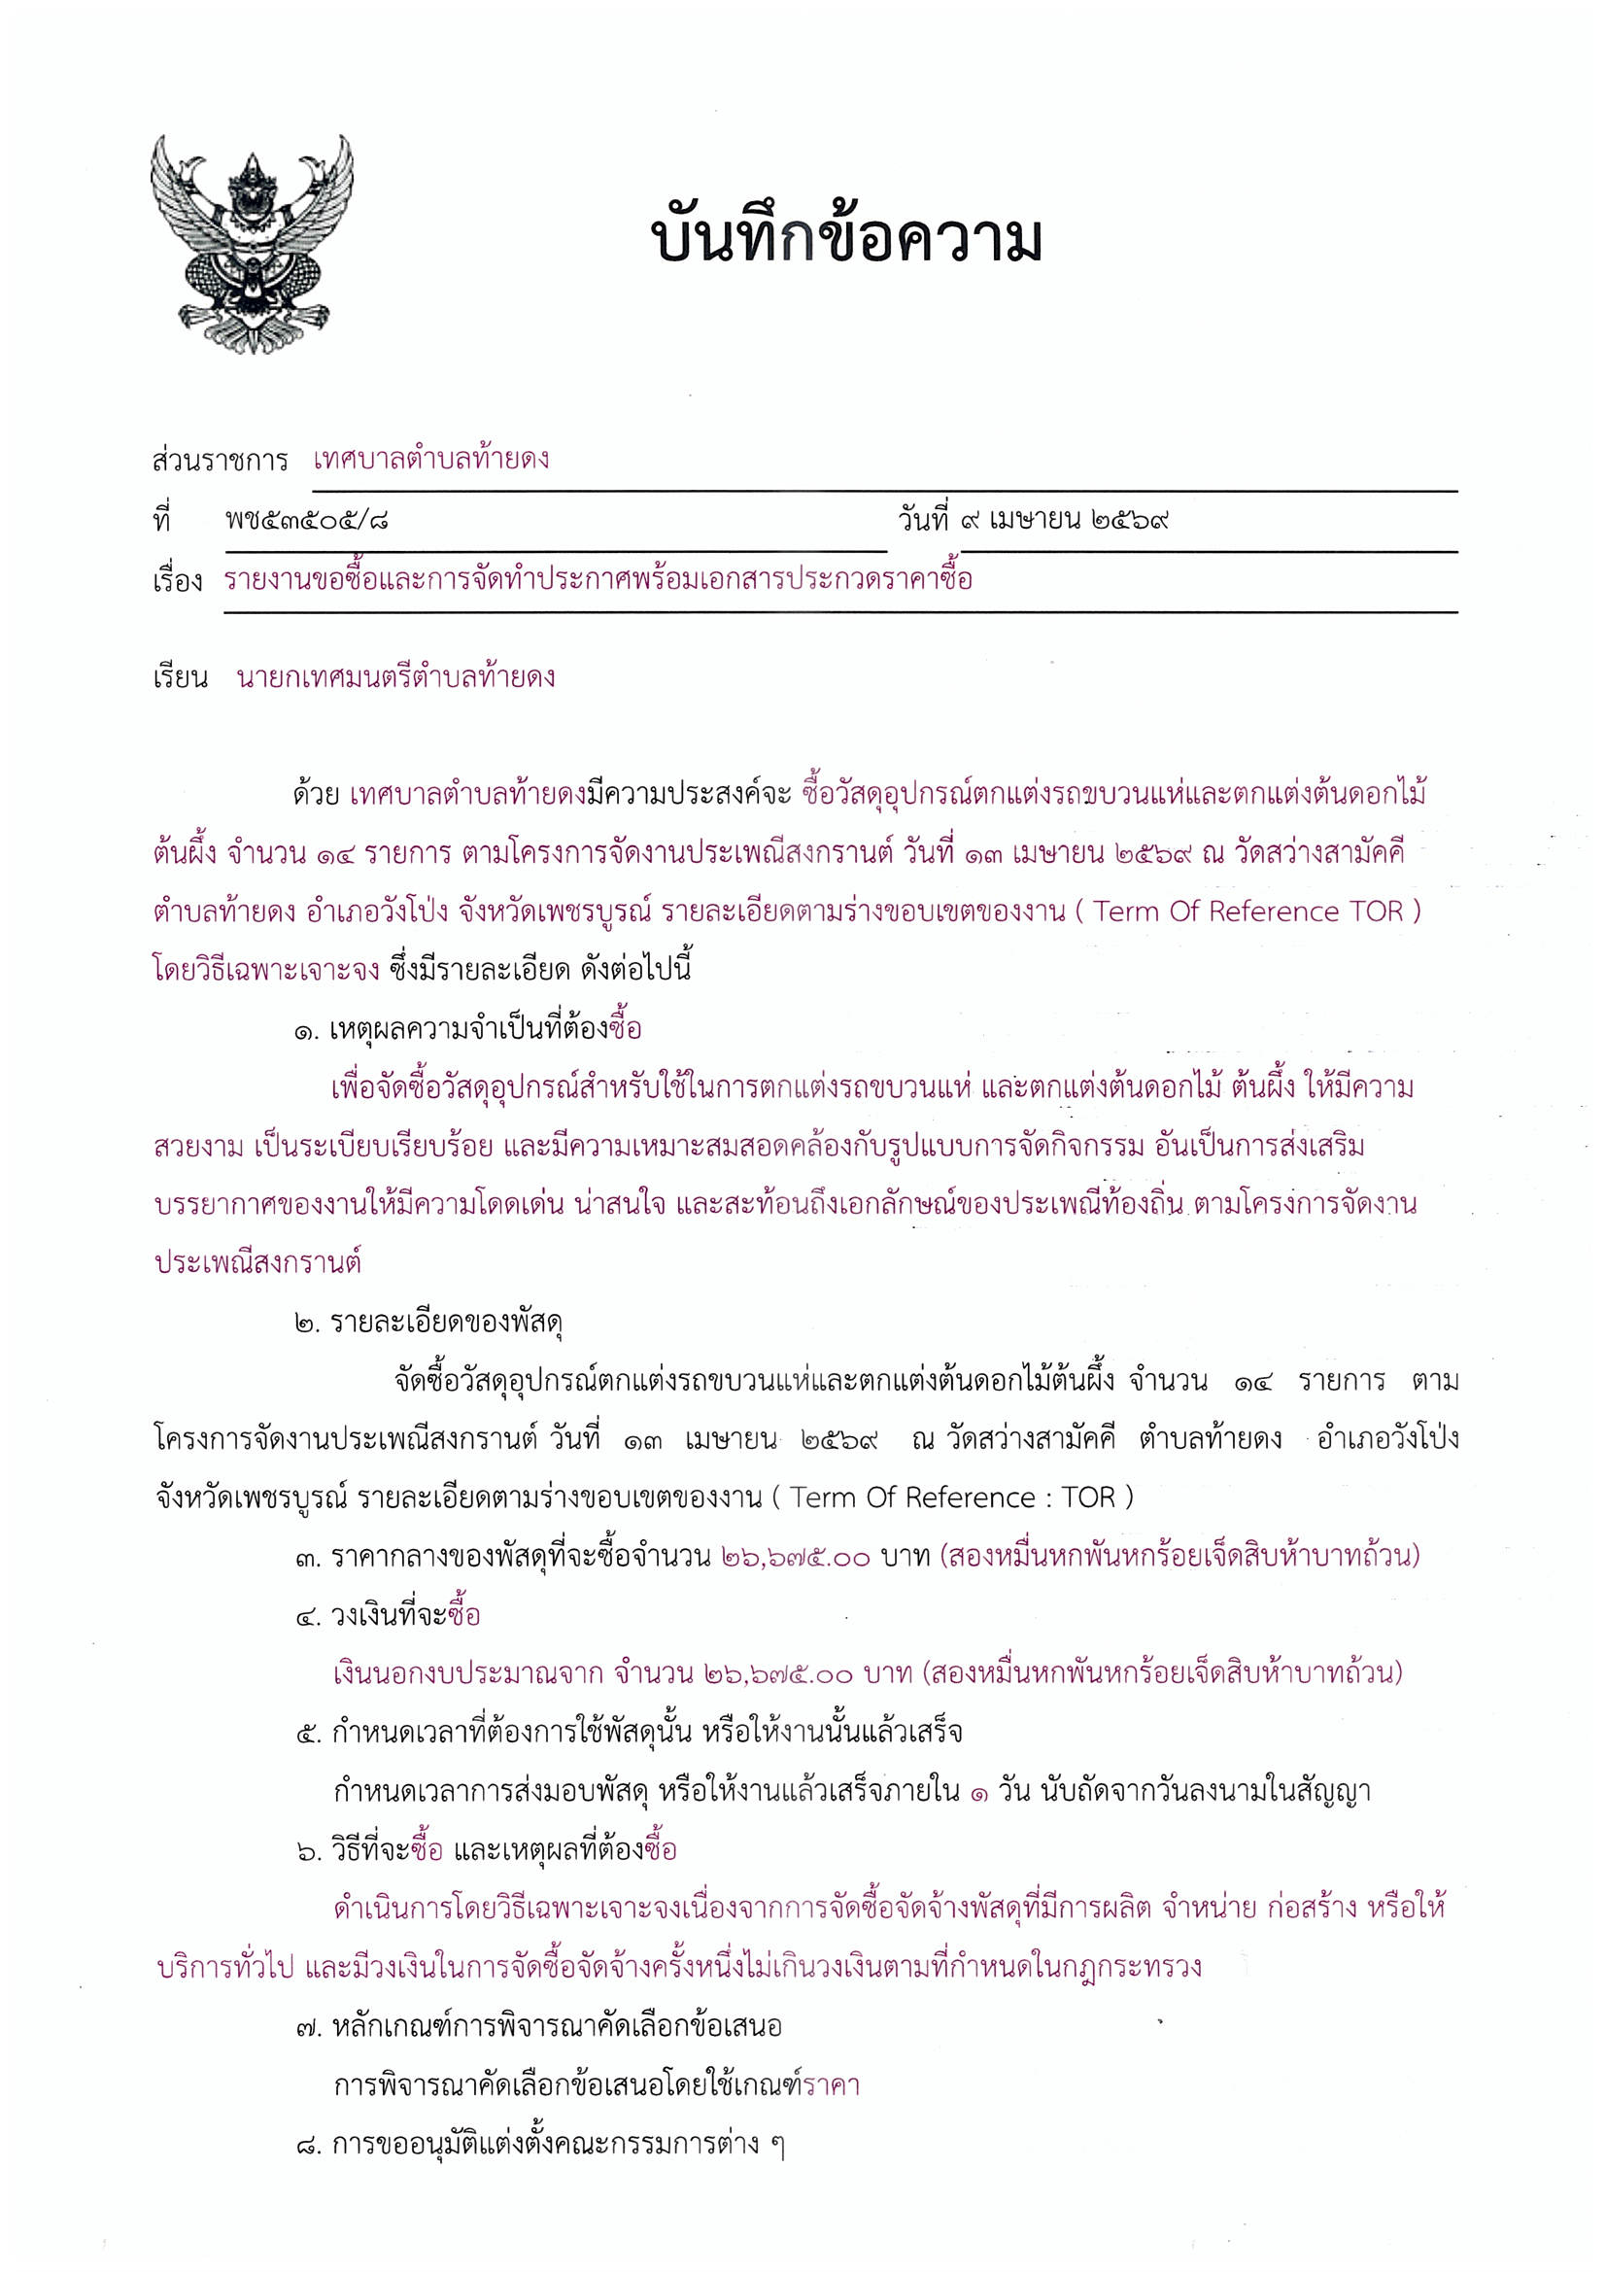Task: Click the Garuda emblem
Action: [x=252, y=243]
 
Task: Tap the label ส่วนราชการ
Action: [x=220, y=462]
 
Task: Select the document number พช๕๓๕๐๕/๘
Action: [x=307, y=520]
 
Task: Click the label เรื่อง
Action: [x=177, y=581]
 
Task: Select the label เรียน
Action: [x=180, y=678]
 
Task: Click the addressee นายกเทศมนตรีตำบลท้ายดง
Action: [x=395, y=678]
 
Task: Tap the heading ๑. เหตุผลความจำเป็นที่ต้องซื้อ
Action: [x=468, y=1030]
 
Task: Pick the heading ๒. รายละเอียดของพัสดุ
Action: [x=428, y=1322]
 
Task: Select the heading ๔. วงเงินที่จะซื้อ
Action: [x=388, y=1616]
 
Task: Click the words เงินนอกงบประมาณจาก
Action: [x=467, y=1674]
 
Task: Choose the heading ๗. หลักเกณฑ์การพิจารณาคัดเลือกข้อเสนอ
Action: [x=539, y=2025]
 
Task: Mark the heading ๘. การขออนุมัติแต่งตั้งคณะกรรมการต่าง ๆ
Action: [x=540, y=2144]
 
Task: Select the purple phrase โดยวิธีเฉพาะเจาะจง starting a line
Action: [x=266, y=970]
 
